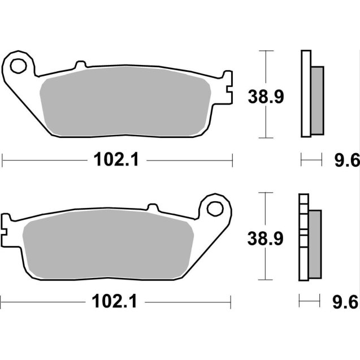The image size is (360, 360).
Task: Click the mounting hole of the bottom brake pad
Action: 215,208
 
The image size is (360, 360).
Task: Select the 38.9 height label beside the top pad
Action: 265,97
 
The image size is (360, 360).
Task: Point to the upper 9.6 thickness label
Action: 347,162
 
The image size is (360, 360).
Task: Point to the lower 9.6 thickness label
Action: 347,303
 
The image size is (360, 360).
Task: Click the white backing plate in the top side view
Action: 306,93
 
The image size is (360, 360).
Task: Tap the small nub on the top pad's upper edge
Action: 80,65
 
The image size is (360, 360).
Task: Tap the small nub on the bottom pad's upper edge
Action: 152,207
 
